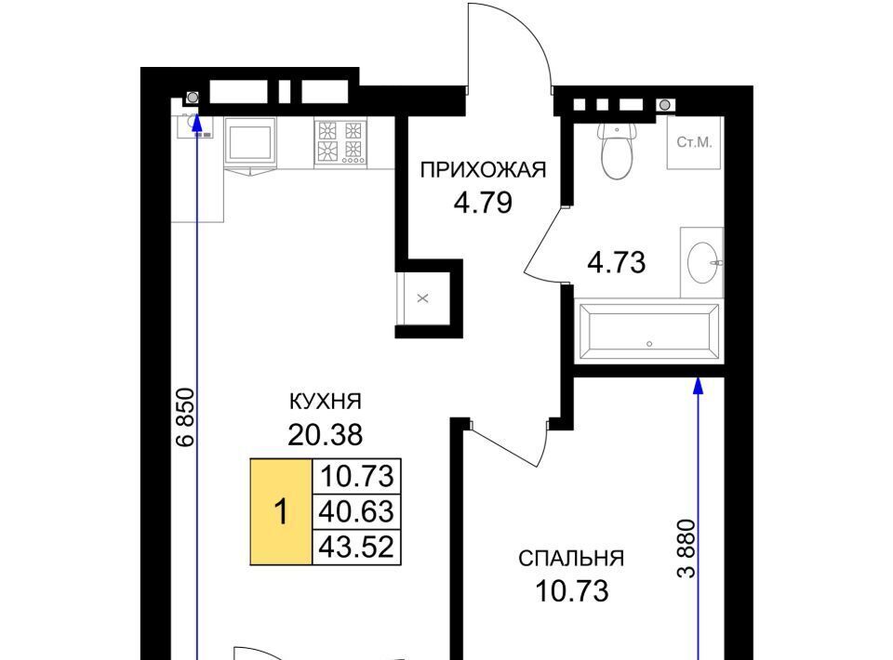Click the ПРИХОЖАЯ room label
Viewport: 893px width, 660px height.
pos(483,170)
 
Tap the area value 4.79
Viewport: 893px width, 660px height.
pos(483,204)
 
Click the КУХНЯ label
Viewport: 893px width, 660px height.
pos(326,402)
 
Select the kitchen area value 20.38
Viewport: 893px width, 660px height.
pos(326,436)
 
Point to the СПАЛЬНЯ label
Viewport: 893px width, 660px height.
pos(571,559)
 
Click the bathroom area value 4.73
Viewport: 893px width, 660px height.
pos(617,263)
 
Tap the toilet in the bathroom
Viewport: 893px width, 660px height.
pos(616,149)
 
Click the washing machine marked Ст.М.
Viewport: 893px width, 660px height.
pos(695,143)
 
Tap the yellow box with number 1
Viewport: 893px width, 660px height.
pos(281,511)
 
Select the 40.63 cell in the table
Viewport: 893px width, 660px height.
pos(356,511)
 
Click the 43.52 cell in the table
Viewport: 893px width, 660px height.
pos(356,548)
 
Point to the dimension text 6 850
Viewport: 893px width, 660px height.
pos(185,417)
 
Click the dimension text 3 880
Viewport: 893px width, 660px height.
pos(686,548)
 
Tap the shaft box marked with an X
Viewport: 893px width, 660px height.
pos(422,298)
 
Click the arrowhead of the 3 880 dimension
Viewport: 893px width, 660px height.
pos(699,385)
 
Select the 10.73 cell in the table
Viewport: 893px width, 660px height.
pos(356,476)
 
